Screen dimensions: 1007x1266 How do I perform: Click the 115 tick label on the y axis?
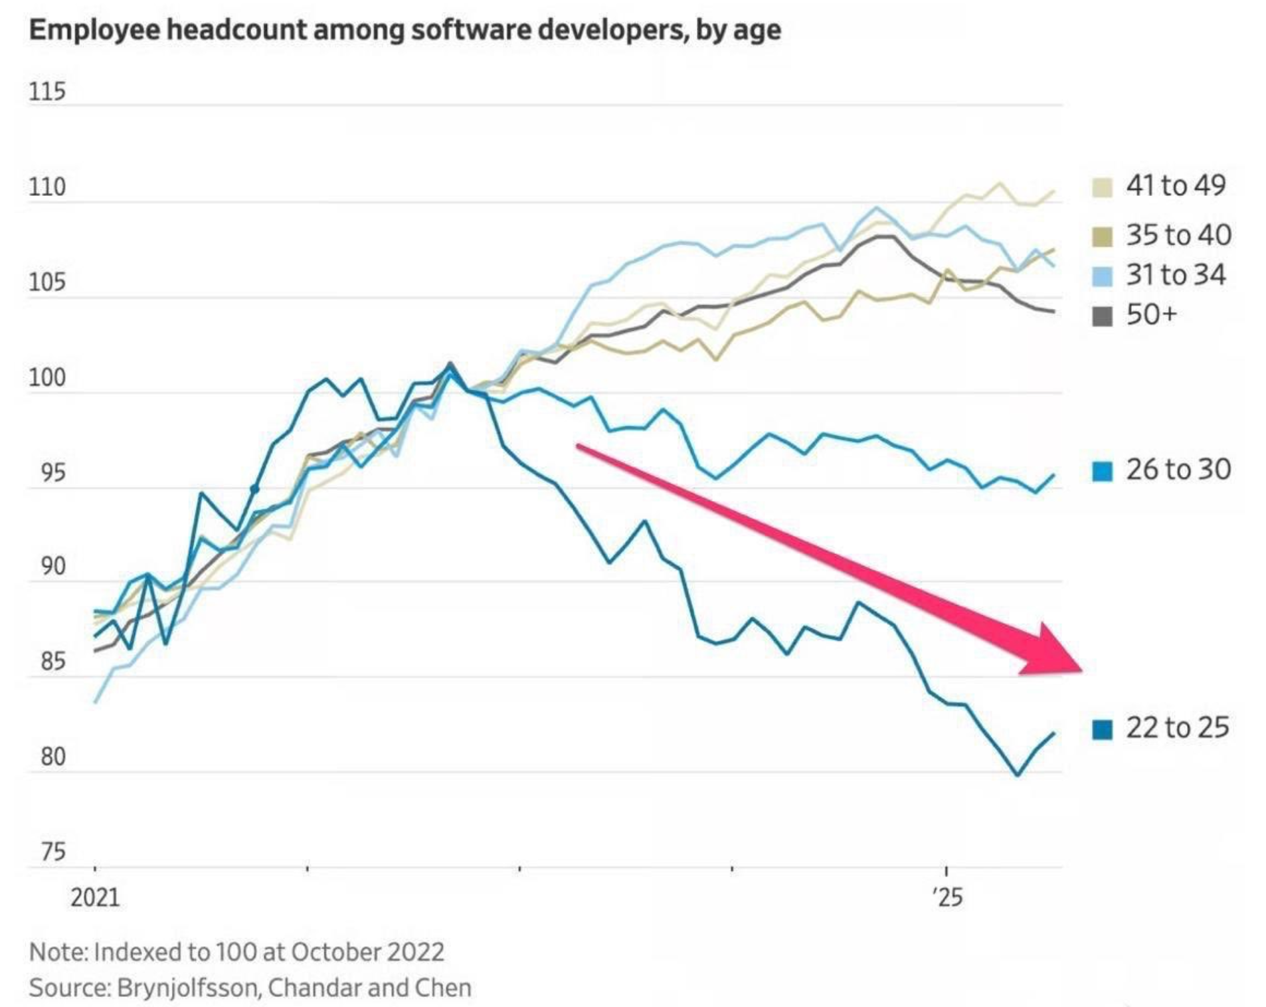(x=46, y=92)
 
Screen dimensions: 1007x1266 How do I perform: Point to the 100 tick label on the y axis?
(x=46, y=378)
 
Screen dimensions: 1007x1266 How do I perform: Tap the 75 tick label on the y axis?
(x=52, y=852)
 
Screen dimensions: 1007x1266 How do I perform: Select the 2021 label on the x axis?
(x=95, y=898)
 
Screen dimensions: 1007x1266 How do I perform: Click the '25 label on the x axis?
(x=947, y=898)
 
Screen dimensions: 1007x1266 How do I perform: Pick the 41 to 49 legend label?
(x=1175, y=185)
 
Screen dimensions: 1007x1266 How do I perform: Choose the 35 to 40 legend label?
(x=1178, y=235)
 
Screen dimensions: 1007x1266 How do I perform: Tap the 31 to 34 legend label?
(x=1175, y=275)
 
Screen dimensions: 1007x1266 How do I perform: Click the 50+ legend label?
(x=1151, y=315)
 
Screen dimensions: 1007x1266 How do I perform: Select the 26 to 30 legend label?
(x=1178, y=470)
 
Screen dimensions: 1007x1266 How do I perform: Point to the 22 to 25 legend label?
(x=1177, y=728)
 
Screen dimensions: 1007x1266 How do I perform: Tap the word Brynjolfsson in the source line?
(x=189, y=988)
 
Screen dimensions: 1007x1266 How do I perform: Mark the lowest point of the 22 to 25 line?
(x=1017, y=775)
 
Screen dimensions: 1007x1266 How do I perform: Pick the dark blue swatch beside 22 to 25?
(x=1103, y=729)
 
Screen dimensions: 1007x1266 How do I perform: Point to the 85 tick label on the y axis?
(x=52, y=662)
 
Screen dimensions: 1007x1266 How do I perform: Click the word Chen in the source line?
(x=443, y=988)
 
